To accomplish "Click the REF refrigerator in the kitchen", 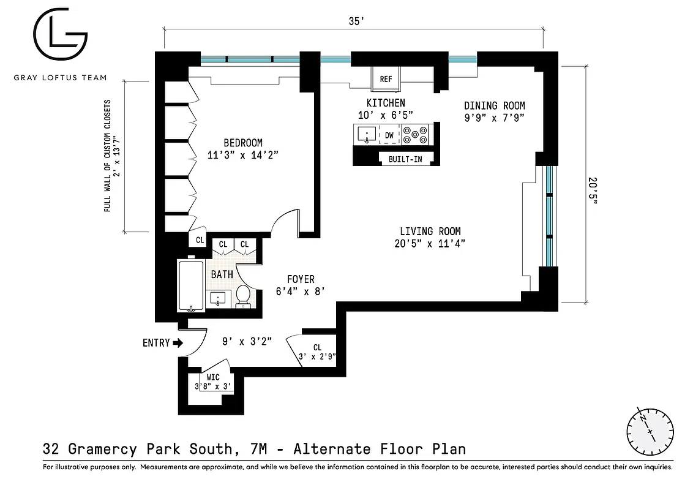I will click(386, 79).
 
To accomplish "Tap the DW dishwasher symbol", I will click(389, 135).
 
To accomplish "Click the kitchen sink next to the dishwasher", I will click(366, 134).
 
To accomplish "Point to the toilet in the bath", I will click(243, 296).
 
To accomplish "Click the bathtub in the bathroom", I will click(190, 285).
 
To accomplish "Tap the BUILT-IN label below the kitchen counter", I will click(405, 159).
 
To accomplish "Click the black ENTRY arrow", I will click(178, 343).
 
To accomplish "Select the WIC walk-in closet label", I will click(212, 377).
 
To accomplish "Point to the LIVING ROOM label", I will click(430, 232).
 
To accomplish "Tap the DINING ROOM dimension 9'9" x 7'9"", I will click(494, 117).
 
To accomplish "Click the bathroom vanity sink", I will click(218, 299).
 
